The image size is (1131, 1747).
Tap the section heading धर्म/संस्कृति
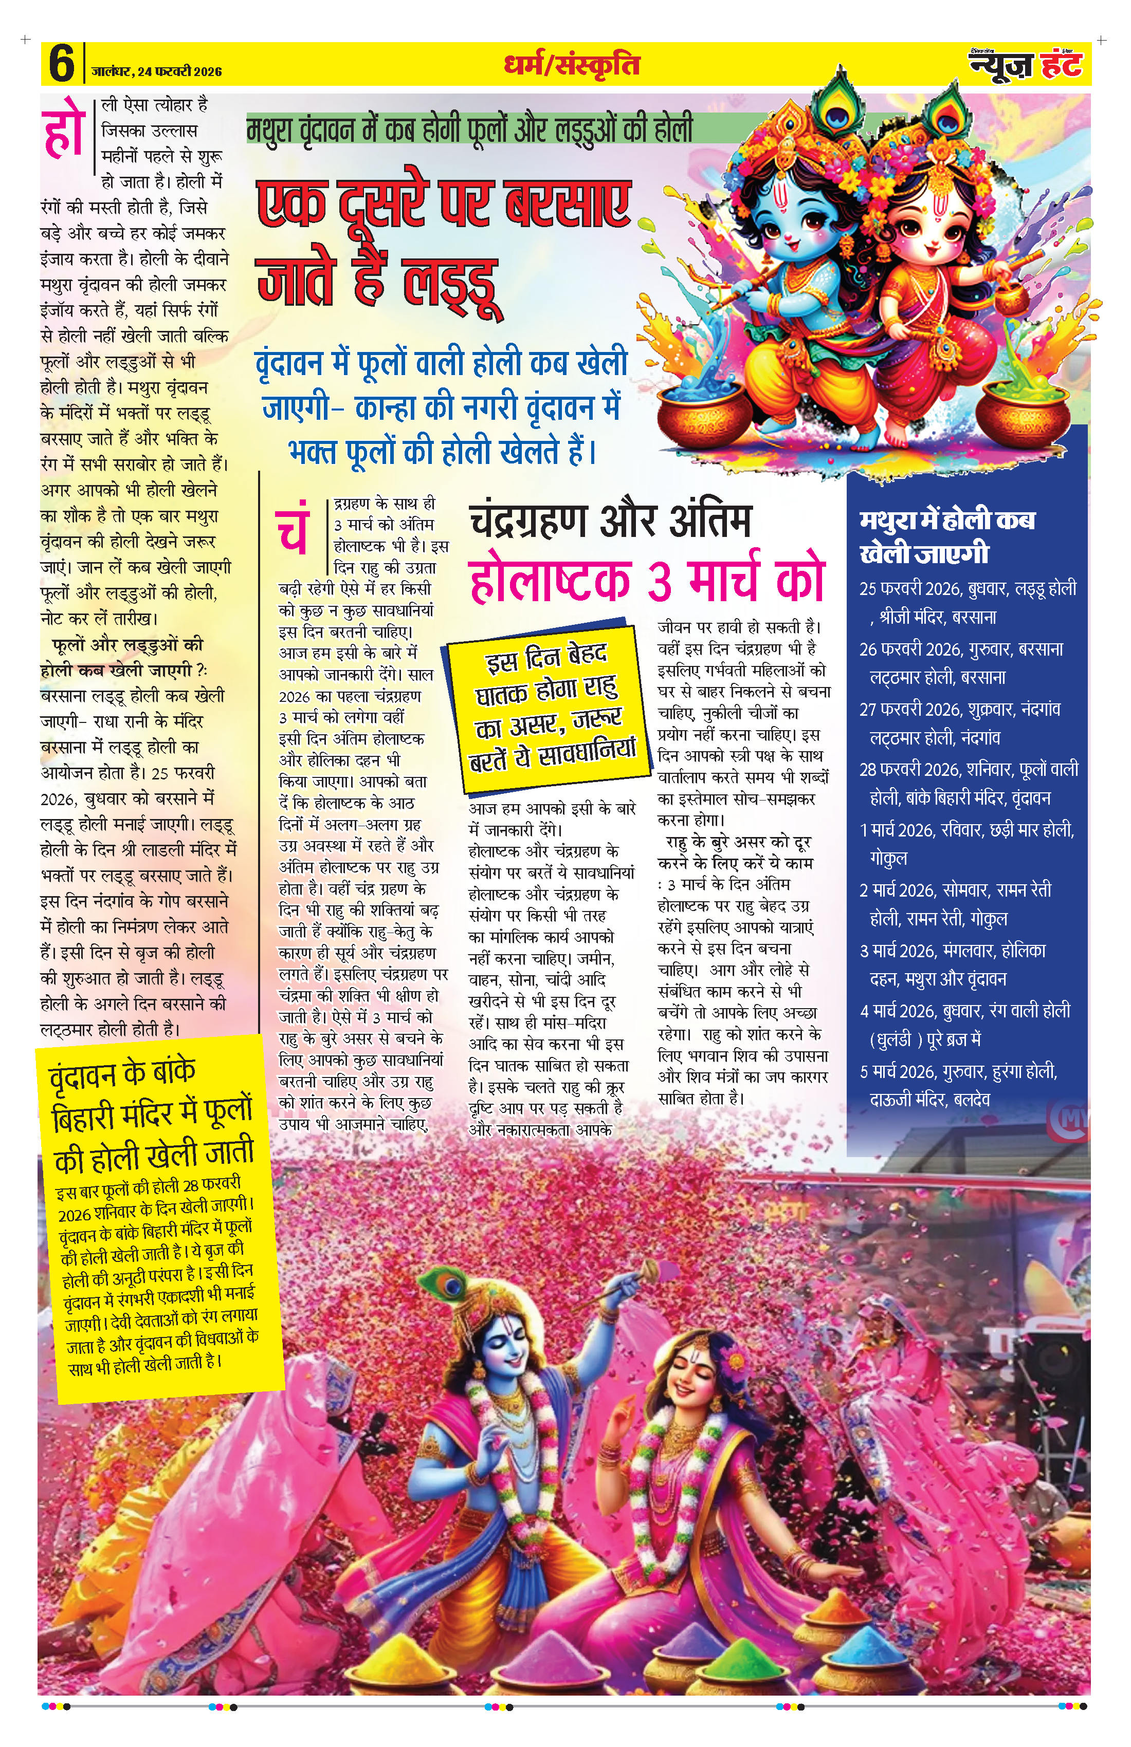click(x=571, y=65)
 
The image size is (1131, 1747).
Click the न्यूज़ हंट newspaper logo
click(x=1026, y=65)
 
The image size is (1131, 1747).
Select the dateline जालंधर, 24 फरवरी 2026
click(x=156, y=71)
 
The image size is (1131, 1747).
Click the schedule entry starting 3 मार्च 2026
click(x=953, y=964)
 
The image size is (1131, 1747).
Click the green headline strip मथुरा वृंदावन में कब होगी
click(x=470, y=129)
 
